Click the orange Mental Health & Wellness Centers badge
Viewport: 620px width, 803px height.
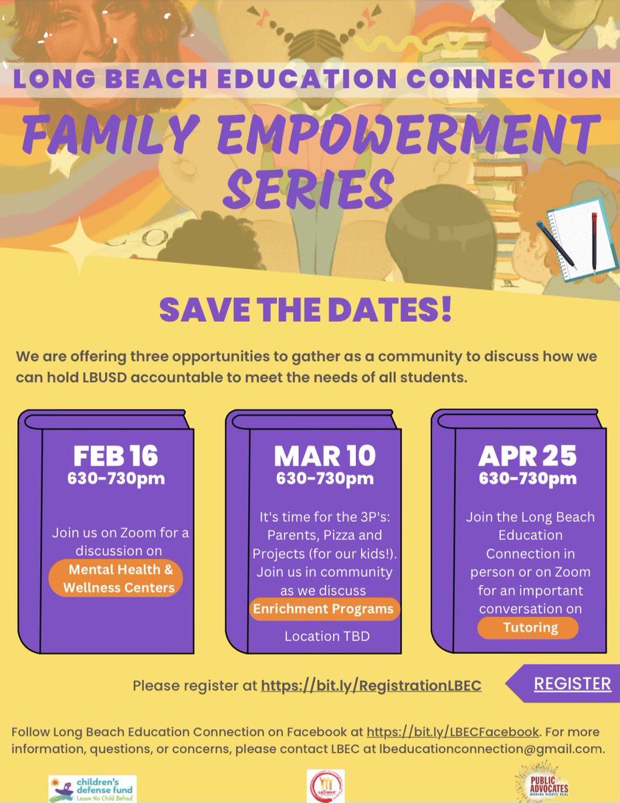pyautogui.click(x=116, y=578)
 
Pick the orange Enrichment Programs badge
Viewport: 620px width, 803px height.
pyautogui.click(x=323, y=610)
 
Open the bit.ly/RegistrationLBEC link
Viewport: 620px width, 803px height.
pyautogui.click(x=371, y=686)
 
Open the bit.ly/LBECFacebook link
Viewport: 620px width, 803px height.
pyautogui.click(x=453, y=731)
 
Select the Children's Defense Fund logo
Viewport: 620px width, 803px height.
pyautogui.click(x=92, y=788)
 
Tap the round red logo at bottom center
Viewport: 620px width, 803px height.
pyautogui.click(x=326, y=786)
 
